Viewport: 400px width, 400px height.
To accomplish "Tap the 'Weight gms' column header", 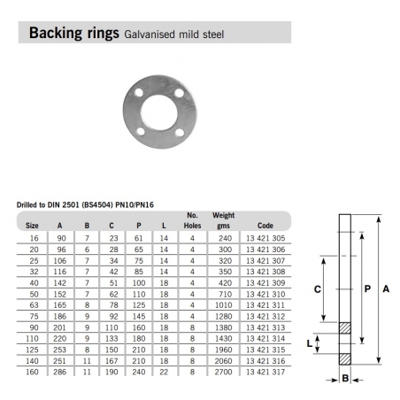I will click(x=223, y=219).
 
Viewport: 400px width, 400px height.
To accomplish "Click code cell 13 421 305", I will click(x=266, y=238).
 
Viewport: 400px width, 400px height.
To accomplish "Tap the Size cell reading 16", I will click(x=32, y=238).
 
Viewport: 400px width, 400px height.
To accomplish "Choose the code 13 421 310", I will click(x=266, y=290).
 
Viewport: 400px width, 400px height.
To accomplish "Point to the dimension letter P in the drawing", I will click(x=365, y=288).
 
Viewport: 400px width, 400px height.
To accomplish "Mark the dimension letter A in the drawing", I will click(x=388, y=288).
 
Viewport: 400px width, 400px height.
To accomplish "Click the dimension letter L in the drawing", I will click(x=322, y=342).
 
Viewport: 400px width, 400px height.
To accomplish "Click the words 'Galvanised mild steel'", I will click(x=182, y=35).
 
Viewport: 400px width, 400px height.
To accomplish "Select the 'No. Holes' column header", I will click(x=192, y=219).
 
